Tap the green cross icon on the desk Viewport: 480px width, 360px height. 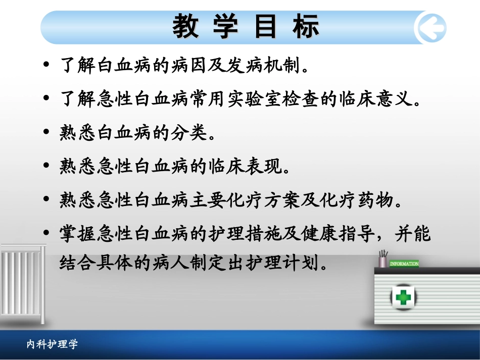pyautogui.click(x=403, y=296)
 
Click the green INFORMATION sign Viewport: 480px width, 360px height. pyautogui.click(x=404, y=264)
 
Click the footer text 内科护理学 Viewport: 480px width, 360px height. pyautogui.click(x=52, y=344)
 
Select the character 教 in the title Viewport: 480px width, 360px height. pyautogui.click(x=186, y=27)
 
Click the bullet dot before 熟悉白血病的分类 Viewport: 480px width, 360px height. pyautogui.click(x=47, y=133)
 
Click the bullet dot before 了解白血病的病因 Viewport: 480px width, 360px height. pyautogui.click(x=47, y=65)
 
